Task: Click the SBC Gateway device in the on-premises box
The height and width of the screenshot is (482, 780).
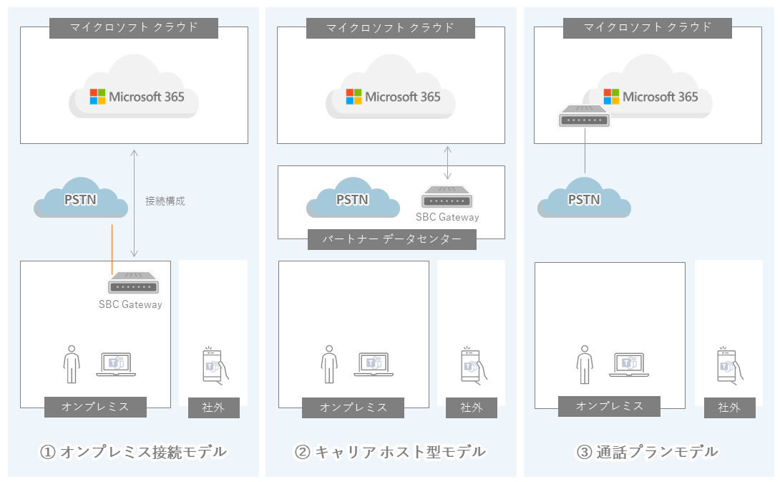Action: click(x=133, y=284)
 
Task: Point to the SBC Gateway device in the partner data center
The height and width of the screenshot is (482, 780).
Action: click(x=447, y=197)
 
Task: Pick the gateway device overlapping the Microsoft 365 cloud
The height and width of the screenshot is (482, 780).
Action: click(x=584, y=116)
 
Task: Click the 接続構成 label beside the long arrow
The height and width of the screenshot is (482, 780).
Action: click(x=165, y=201)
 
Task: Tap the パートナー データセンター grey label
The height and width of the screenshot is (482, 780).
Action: click(x=392, y=239)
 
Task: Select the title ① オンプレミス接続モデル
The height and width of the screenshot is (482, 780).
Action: click(x=133, y=452)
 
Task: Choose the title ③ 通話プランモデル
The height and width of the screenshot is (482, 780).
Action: click(x=648, y=452)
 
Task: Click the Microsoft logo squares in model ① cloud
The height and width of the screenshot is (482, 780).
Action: click(x=97, y=97)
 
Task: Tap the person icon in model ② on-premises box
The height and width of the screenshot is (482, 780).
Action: click(x=328, y=364)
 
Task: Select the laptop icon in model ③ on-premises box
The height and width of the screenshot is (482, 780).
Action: click(x=629, y=365)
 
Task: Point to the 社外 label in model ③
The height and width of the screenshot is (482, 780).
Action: click(x=730, y=408)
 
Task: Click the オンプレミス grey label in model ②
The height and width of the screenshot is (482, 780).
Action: click(x=354, y=408)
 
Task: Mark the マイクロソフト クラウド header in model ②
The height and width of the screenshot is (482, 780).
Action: click(x=391, y=28)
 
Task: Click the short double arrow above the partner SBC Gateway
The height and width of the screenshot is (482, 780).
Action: click(x=448, y=163)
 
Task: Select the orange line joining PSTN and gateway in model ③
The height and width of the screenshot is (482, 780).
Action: click(x=585, y=151)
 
